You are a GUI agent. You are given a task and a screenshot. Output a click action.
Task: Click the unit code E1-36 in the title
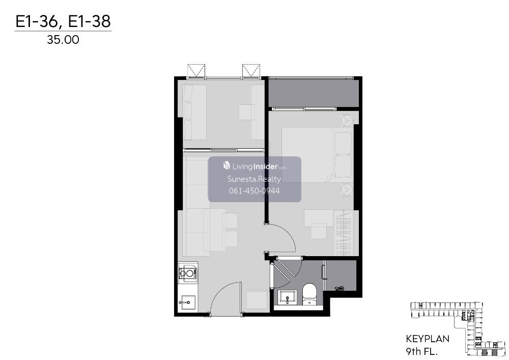(37, 21)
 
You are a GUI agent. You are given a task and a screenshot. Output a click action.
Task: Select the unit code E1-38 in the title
(90, 21)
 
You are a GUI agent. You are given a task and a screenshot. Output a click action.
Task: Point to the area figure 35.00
(63, 40)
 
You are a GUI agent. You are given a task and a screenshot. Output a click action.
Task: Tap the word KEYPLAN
(428, 339)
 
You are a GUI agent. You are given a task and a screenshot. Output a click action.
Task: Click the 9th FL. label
(422, 351)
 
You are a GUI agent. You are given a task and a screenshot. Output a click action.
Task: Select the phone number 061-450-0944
(254, 191)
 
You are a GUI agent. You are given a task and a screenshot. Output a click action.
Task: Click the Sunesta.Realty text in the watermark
(254, 179)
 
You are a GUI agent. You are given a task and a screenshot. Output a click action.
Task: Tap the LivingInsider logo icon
(227, 165)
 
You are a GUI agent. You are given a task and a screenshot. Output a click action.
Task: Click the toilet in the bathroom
(309, 294)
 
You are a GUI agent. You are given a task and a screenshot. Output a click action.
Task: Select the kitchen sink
(187, 302)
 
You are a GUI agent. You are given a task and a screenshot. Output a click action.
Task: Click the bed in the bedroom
(317, 155)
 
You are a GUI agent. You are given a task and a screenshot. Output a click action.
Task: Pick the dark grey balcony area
(314, 93)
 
